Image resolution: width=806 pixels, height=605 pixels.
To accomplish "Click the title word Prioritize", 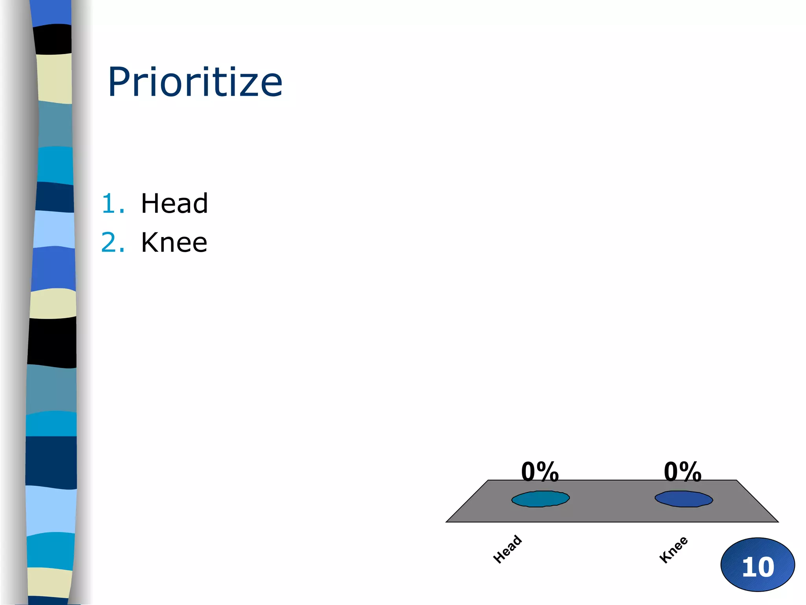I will (x=195, y=82).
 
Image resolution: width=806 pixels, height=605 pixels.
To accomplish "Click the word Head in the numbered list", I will (x=174, y=204).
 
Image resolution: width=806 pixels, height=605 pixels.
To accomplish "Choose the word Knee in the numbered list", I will (x=174, y=242).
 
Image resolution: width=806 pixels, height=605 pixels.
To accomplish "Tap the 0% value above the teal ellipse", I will (x=540, y=471).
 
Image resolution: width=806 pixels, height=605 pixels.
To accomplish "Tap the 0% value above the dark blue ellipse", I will (x=682, y=471).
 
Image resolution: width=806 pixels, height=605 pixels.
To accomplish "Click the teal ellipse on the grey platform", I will (x=540, y=499).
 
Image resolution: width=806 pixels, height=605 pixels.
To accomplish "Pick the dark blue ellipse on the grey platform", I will (x=684, y=499).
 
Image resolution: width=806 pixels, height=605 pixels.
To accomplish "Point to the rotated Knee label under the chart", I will (x=673, y=549).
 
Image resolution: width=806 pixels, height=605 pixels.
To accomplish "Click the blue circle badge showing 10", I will (x=758, y=564).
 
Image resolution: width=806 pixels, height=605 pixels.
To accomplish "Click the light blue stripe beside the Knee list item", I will (x=54, y=230).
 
